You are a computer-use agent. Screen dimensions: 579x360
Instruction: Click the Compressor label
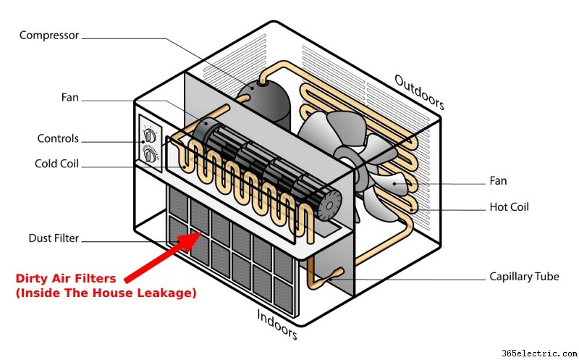(x=49, y=35)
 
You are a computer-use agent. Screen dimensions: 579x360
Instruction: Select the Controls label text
(x=58, y=138)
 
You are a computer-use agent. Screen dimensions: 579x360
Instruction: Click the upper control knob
(x=150, y=135)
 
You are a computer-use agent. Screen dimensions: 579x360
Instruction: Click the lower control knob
(x=150, y=155)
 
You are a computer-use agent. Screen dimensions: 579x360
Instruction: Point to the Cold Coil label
(x=56, y=164)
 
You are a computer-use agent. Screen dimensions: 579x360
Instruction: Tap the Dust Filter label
(x=54, y=238)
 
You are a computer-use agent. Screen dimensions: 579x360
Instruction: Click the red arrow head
(x=190, y=241)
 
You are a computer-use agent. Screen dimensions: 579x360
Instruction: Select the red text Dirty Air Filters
(x=66, y=278)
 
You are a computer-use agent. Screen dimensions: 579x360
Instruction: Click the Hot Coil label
(x=510, y=207)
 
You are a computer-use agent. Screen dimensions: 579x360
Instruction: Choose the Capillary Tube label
(x=524, y=277)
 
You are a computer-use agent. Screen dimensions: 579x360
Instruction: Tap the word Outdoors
(x=419, y=92)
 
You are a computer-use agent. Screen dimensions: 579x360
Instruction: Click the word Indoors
(x=277, y=325)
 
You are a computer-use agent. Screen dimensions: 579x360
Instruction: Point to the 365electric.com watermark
(x=539, y=353)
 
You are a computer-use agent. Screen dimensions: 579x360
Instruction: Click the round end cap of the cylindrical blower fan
(x=329, y=206)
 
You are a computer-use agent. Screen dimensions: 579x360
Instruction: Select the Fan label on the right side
(x=498, y=181)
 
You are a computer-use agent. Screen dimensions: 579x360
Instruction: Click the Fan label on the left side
(x=69, y=98)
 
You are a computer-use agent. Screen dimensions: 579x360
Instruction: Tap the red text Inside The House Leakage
(x=106, y=293)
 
